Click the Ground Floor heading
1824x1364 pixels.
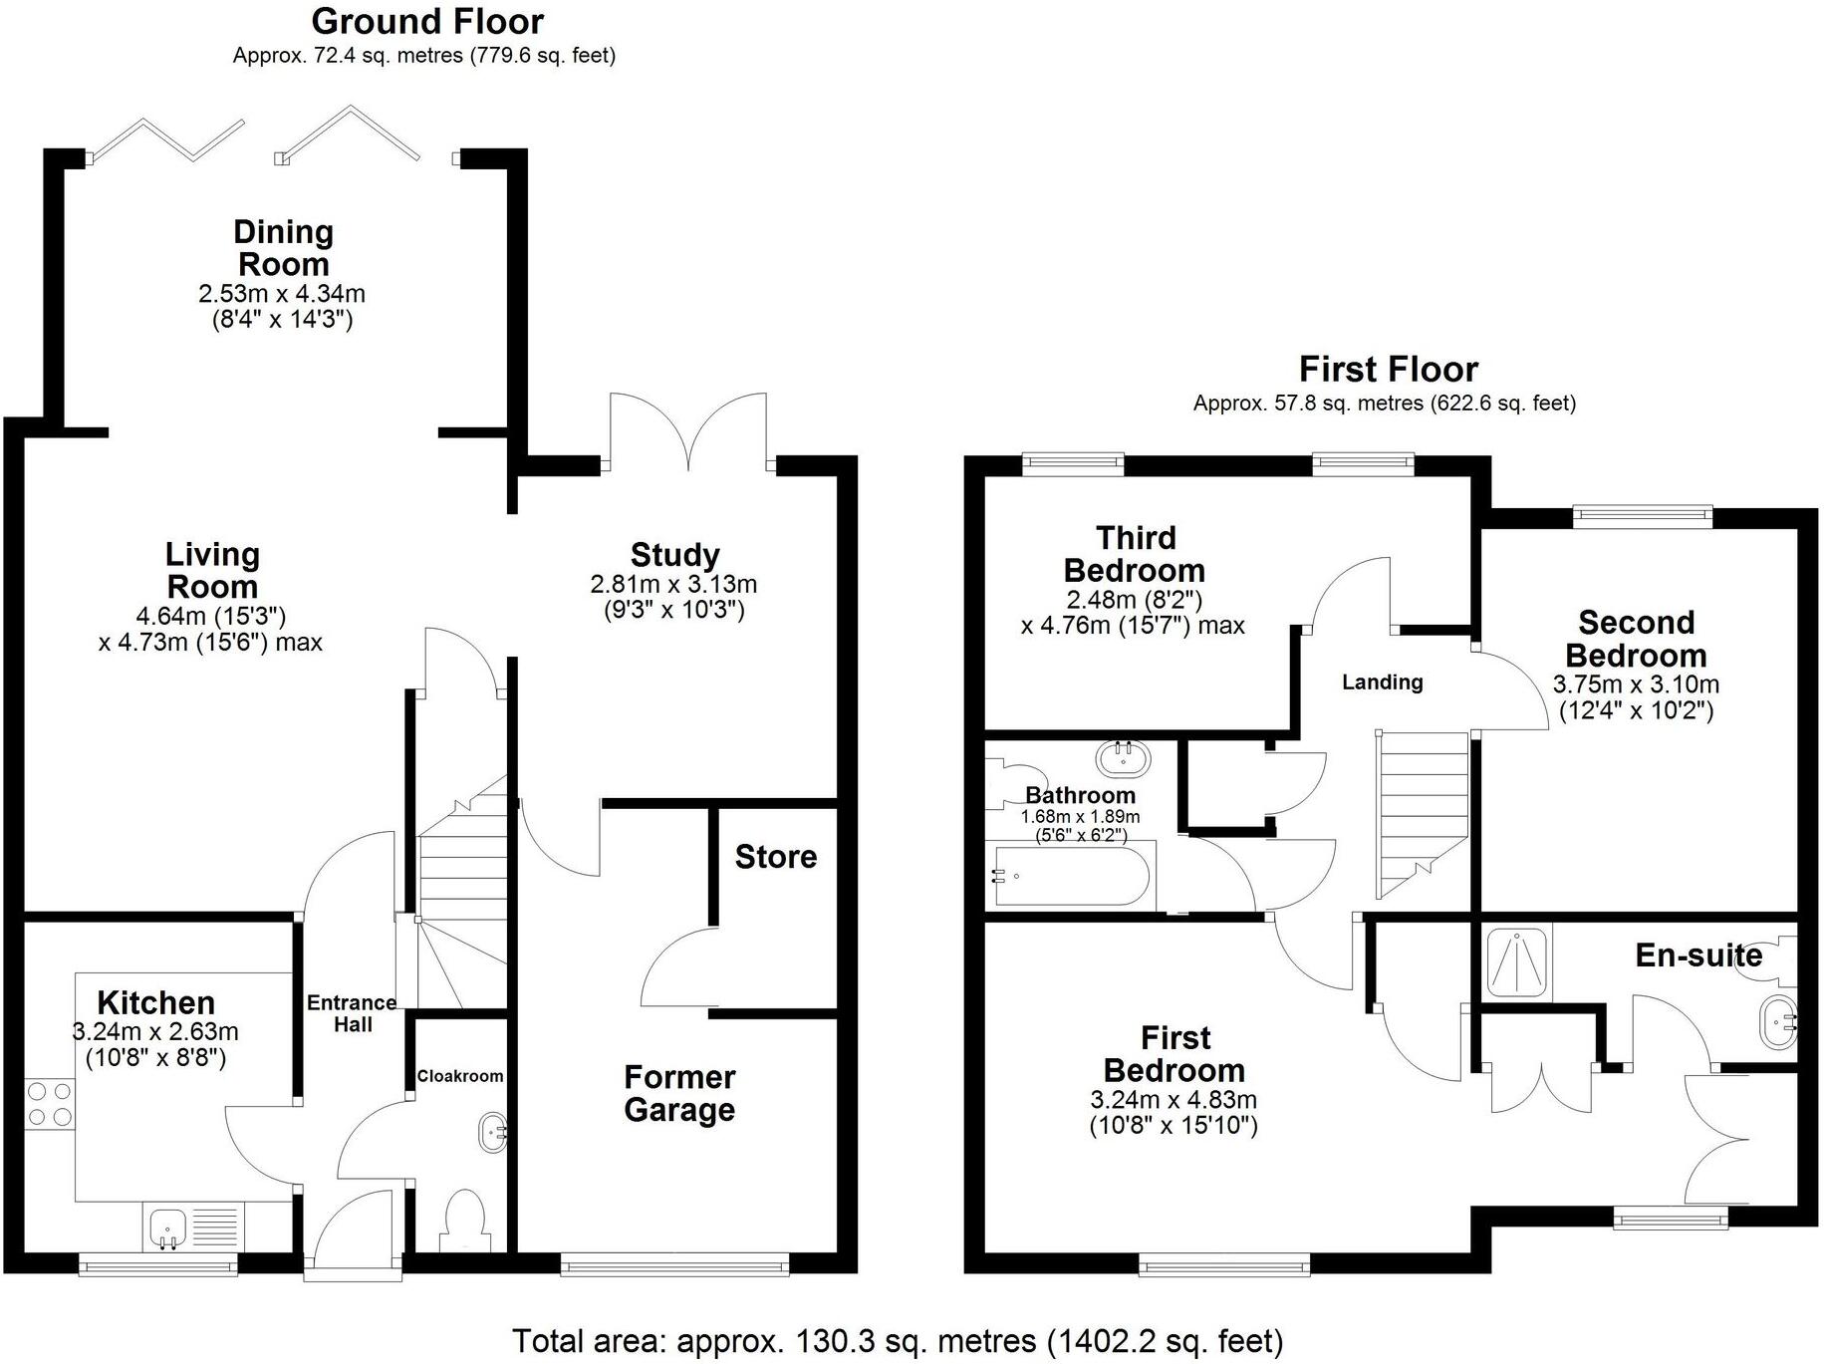click(427, 21)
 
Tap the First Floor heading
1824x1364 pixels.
click(1388, 370)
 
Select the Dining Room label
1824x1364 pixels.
click(283, 248)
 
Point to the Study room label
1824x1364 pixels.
click(674, 555)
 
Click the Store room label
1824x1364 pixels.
click(775, 857)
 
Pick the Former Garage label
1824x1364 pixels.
click(679, 1093)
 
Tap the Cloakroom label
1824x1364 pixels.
click(459, 1076)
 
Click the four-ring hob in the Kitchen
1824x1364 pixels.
click(50, 1104)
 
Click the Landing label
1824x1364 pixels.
click(1382, 682)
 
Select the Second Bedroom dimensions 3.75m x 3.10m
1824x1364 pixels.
click(1636, 685)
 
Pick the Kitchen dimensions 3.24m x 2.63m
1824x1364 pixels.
click(155, 1032)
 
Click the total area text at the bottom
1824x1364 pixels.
click(897, 1341)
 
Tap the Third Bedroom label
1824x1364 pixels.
click(1134, 554)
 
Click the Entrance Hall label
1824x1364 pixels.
click(352, 1013)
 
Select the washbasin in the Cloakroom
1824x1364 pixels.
click(493, 1133)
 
